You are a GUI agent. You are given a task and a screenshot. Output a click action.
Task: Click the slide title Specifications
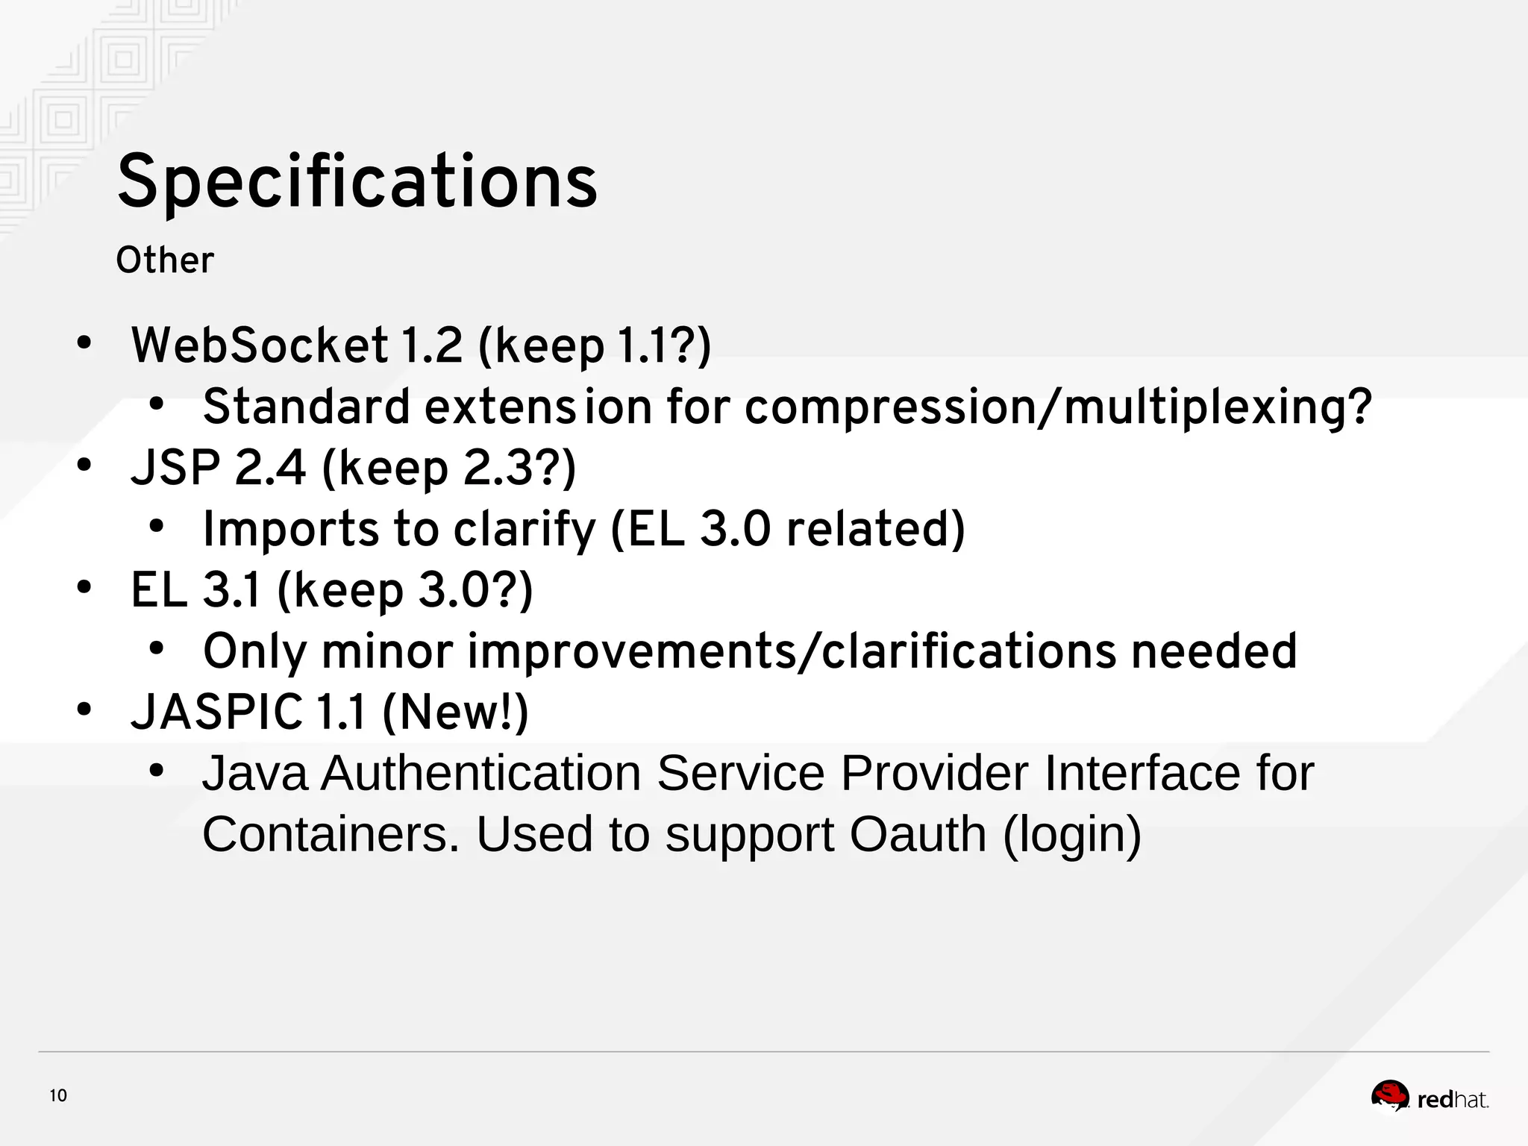click(357, 182)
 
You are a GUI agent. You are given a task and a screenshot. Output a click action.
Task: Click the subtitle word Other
click(164, 261)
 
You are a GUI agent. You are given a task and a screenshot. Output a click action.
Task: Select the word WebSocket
click(259, 346)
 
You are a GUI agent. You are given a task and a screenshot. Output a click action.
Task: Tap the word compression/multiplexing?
click(1058, 407)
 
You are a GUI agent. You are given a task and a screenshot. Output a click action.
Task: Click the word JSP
click(175, 469)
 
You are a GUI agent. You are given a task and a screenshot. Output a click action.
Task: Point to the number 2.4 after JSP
click(270, 469)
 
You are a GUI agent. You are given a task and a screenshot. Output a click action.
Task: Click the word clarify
click(525, 529)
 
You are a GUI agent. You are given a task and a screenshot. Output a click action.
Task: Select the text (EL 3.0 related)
click(788, 529)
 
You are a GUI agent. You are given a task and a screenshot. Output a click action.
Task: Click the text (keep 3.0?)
click(405, 590)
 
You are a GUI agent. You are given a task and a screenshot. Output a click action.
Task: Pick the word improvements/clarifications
click(792, 651)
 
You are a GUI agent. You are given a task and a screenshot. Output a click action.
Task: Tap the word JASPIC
click(216, 712)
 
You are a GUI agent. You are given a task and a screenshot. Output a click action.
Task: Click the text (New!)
click(455, 712)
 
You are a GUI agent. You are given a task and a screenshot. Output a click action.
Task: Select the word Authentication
click(481, 773)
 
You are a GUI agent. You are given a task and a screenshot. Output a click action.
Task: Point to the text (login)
click(1072, 834)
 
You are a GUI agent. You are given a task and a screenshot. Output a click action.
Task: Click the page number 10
click(58, 1096)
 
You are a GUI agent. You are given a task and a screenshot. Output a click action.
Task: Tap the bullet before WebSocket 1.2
click(84, 344)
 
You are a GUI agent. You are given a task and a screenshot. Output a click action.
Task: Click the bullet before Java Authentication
click(155, 771)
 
